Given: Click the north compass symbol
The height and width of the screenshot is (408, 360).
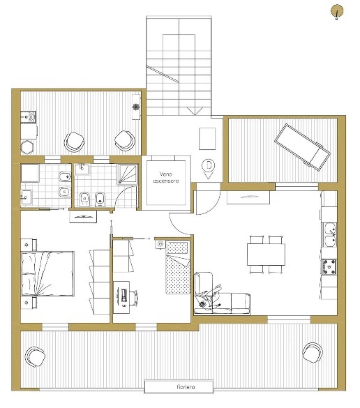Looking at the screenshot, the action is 337,12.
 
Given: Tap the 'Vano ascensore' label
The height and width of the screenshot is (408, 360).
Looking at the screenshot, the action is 166,177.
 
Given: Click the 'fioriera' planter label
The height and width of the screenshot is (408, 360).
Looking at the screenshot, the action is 186,387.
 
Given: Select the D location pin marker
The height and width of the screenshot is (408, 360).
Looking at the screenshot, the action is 208,169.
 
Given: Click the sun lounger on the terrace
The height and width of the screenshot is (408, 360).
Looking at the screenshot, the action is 302,147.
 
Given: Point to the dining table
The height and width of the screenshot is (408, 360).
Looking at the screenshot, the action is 266,255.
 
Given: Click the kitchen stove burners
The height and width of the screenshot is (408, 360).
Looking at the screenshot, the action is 329,267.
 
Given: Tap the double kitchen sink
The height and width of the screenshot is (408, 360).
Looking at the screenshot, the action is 330,235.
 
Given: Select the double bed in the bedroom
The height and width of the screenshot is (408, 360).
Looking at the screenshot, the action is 47,273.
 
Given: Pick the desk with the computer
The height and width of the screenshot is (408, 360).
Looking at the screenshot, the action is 121,297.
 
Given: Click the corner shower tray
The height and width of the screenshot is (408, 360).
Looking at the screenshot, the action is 128,174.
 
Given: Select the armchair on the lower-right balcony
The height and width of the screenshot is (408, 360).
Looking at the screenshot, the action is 313,352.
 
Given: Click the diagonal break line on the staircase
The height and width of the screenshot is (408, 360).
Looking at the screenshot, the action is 163,74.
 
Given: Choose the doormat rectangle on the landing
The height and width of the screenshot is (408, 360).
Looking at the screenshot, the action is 207,139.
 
